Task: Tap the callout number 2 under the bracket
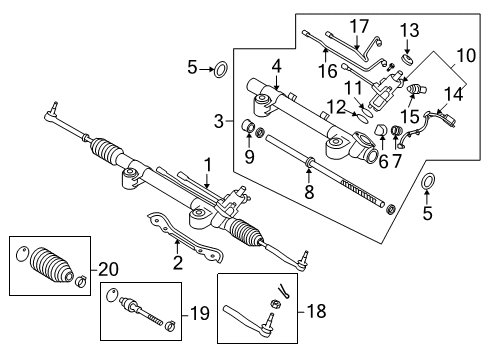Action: [177, 264]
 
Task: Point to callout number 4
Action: [275, 67]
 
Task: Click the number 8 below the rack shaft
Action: [308, 190]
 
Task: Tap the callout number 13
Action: [407, 28]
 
